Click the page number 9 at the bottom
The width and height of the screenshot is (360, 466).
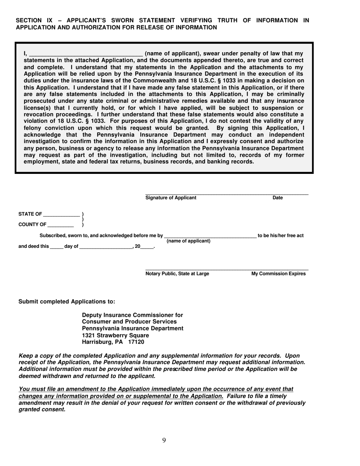(164, 440)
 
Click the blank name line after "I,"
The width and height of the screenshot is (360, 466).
(86, 54)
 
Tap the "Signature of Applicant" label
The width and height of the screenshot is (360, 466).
(171, 197)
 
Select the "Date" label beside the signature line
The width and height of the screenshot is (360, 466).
(278, 197)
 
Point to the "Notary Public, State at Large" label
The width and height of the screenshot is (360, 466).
(177, 274)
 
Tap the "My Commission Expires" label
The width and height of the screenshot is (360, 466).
(279, 274)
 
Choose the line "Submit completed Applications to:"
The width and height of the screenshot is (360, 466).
(67, 302)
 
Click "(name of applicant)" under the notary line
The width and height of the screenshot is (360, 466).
(188, 241)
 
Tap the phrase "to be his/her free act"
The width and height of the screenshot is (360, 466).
(280, 236)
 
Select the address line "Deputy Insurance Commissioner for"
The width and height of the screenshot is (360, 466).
(132, 315)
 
